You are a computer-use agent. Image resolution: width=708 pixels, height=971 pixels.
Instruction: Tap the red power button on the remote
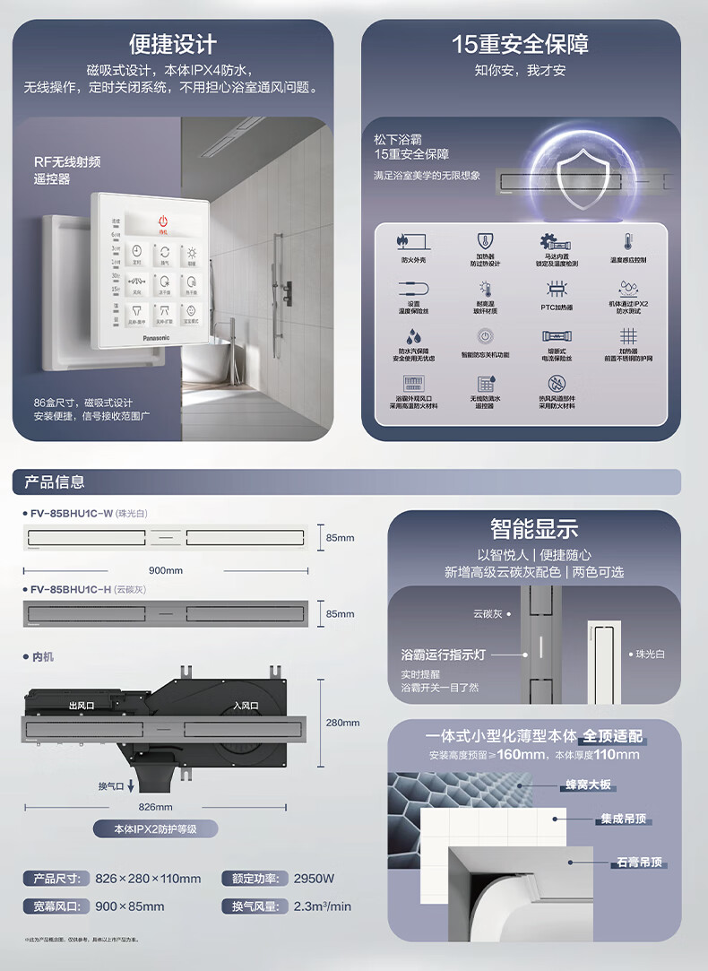(x=163, y=221)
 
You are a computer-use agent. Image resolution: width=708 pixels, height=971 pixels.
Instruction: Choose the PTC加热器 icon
(x=557, y=290)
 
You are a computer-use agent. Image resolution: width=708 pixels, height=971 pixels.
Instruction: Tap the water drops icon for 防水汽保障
(x=413, y=336)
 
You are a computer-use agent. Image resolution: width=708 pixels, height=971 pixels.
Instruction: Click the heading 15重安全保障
(x=520, y=44)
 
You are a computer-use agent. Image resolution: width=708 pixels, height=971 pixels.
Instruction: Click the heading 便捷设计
(x=173, y=44)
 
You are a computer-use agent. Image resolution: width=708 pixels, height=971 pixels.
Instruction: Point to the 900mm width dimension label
(x=165, y=570)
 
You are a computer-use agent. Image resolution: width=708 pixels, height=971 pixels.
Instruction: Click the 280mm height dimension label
(x=341, y=723)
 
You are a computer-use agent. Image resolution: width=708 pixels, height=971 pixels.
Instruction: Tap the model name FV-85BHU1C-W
(x=71, y=514)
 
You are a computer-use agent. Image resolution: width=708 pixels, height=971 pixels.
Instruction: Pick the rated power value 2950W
(x=314, y=879)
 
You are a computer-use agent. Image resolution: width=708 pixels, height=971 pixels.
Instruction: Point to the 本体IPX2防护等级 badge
(x=155, y=829)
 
